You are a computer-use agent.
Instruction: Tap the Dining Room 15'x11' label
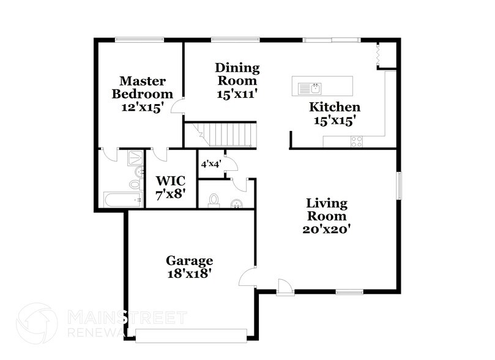coord(237,80)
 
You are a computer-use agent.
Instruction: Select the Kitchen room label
coord(333,113)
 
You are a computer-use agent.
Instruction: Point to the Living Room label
coord(327,216)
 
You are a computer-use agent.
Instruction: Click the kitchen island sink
coord(308,89)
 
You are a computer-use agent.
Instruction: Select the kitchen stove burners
coord(356,141)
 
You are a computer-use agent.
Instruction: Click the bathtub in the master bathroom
coord(122,200)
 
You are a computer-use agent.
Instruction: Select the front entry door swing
coord(284,286)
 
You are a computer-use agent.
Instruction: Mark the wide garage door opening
coord(191,334)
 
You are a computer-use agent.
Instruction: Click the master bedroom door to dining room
coord(177,108)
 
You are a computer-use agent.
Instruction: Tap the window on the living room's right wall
coord(400,186)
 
